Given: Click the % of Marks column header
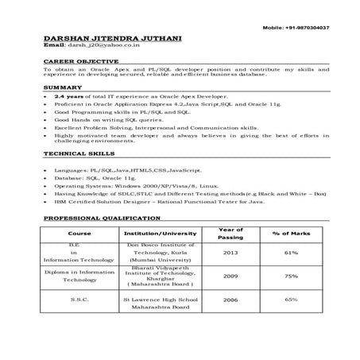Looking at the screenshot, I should click(x=291, y=233).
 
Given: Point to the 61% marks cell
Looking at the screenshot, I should click(x=291, y=254).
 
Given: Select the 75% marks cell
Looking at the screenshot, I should click(x=291, y=277).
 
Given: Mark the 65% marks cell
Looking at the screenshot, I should click(x=291, y=300).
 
